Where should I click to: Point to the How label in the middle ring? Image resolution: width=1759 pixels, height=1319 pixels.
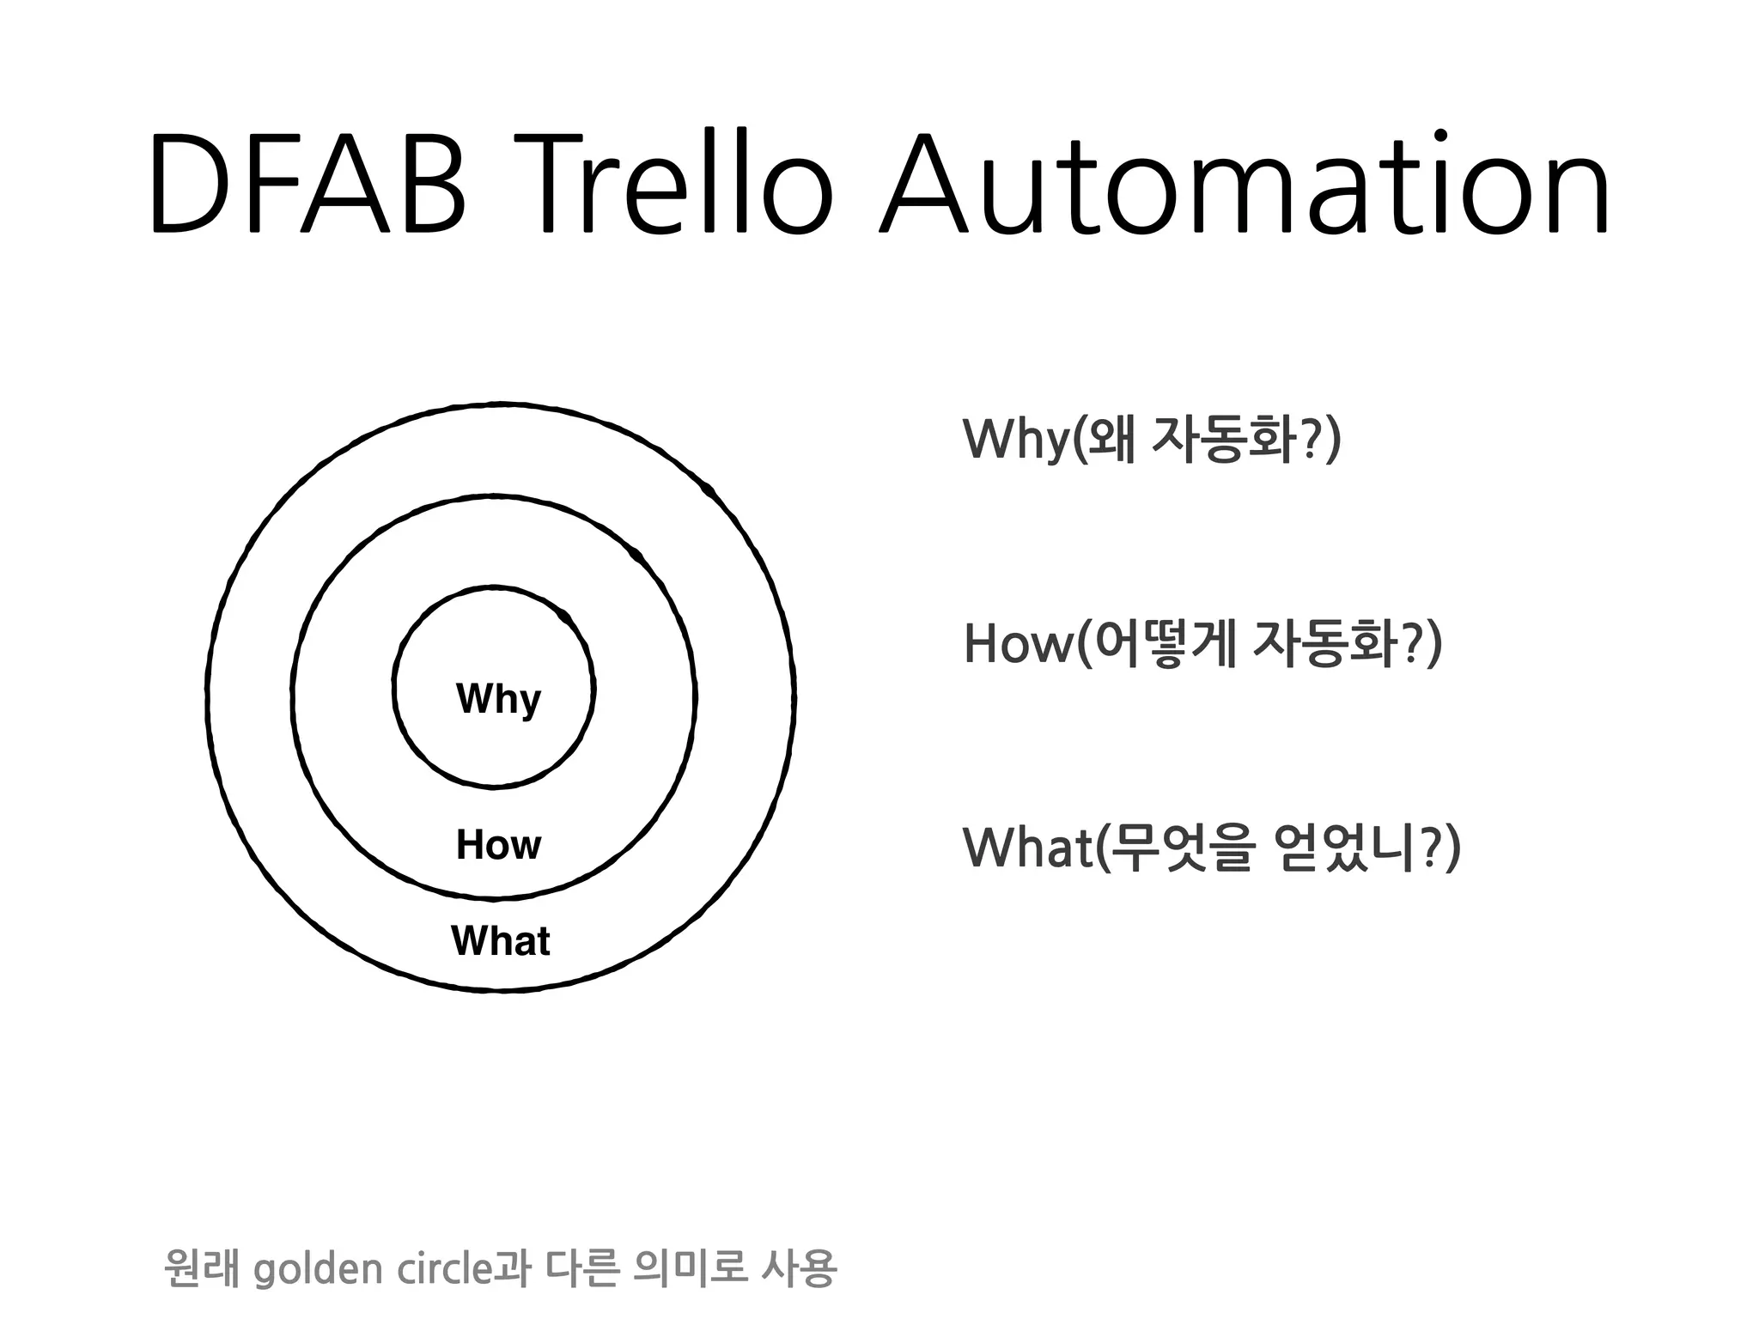pos(498,845)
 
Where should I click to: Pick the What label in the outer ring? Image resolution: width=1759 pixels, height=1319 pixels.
pos(500,941)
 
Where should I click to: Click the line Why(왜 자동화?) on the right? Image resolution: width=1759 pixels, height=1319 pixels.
pos(1151,440)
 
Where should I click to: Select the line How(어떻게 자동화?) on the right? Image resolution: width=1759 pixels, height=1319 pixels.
pos(1202,644)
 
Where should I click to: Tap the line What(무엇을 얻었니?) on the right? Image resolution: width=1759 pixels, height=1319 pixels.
pos(1211,848)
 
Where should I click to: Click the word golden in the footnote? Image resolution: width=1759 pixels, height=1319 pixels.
pos(318,1269)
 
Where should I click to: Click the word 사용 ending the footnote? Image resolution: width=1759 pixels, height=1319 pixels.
pos(798,1268)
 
